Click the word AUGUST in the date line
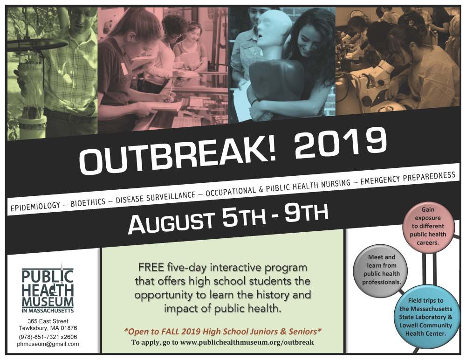coord(171,221)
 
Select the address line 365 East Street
coord(48,321)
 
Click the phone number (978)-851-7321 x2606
coord(48,337)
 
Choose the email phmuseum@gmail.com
coord(48,344)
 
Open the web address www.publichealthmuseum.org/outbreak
coord(247,342)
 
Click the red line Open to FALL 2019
coord(223,332)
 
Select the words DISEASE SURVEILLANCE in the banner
coord(156,196)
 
